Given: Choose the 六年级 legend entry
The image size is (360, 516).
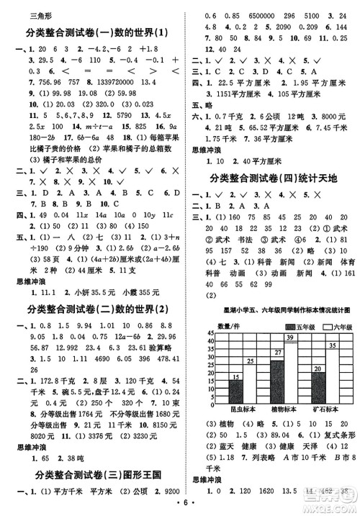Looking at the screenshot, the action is click(321, 307).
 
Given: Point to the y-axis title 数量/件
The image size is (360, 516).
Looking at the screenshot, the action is click(228, 306).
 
